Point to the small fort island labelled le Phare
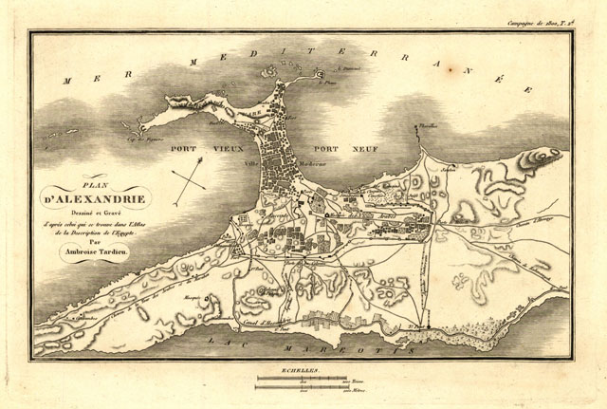tap(320, 74)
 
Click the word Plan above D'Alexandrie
tap(96, 187)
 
